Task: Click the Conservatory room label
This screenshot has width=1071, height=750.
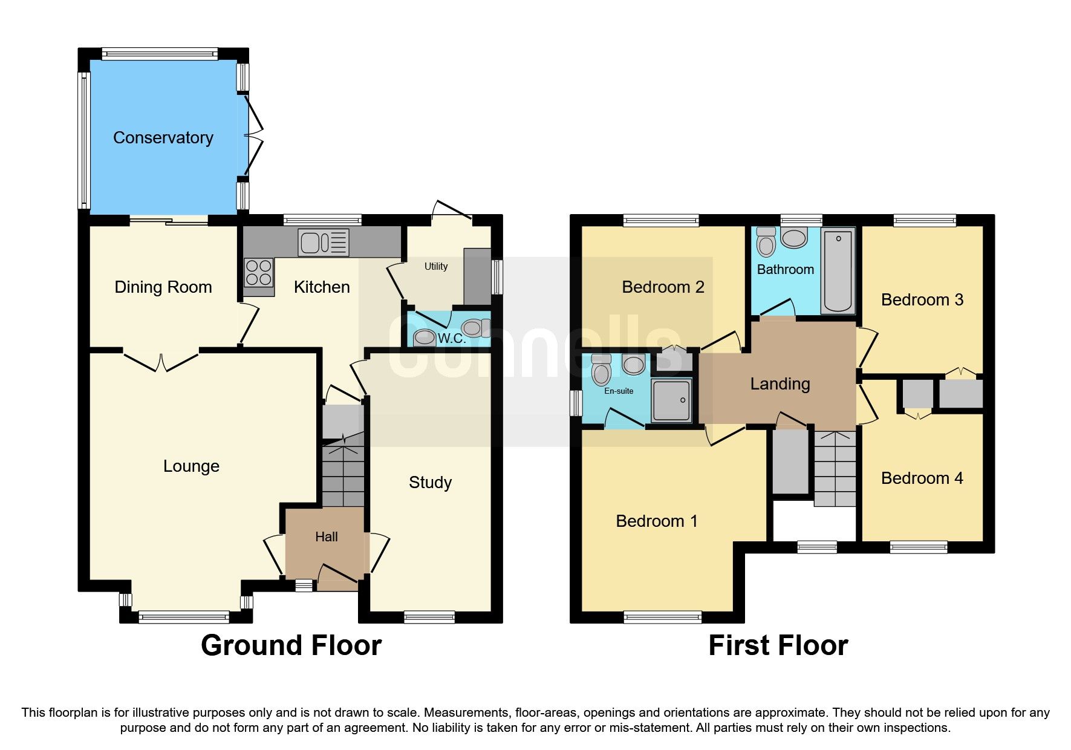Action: pos(163,138)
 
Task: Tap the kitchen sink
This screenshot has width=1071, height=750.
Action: pos(323,242)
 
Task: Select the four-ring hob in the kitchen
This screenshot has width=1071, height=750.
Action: pos(258,272)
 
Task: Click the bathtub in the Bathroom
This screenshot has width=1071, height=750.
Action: pos(838,270)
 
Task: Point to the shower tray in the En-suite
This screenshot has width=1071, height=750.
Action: pos(671,400)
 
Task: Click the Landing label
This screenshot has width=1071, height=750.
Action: pos(780,384)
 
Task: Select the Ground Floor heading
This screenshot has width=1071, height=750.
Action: pos(291,645)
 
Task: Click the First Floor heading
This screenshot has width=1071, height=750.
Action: pos(778,645)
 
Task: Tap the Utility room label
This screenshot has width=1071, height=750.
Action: pos(435,266)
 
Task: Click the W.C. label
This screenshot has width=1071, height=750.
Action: pos(452,338)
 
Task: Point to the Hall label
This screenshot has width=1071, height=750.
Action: pos(326,536)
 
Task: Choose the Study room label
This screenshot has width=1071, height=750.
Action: pos(430,482)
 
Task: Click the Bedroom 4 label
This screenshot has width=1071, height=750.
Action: pos(922,478)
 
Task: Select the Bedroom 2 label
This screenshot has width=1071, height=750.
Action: pos(663,287)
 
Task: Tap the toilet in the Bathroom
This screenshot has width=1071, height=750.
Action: pos(766,243)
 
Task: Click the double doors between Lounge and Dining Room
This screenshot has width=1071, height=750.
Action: pos(161,361)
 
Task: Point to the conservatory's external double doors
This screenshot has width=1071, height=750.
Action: pos(255,136)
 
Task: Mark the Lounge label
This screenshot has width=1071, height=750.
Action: pos(191,466)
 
